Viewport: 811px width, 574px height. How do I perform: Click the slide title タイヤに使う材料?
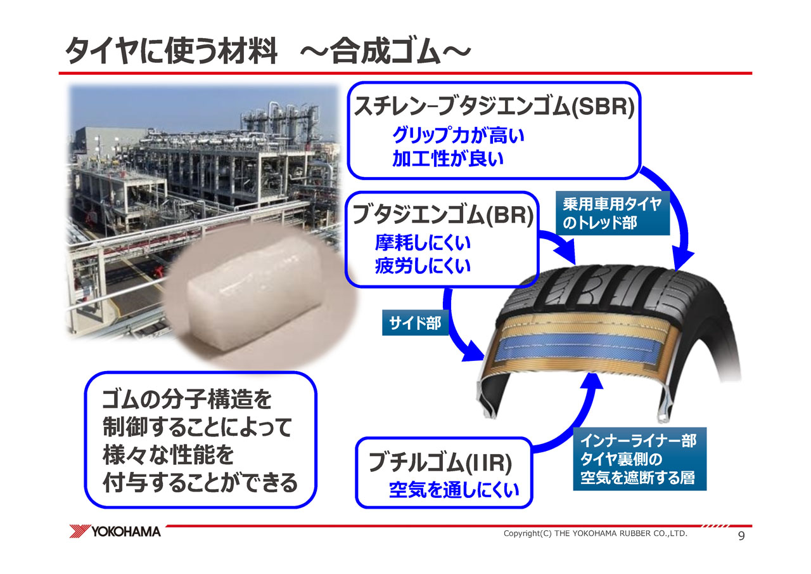pyautogui.click(x=171, y=51)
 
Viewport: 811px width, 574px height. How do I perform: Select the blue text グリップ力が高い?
pyautogui.click(x=458, y=136)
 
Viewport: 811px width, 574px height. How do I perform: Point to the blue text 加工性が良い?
pyautogui.click(x=448, y=159)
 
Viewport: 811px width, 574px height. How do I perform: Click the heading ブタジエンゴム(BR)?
pyautogui.click(x=443, y=215)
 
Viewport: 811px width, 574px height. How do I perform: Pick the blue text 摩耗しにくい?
pyautogui.click(x=423, y=242)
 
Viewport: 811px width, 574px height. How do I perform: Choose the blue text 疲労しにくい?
pyautogui.click(x=423, y=266)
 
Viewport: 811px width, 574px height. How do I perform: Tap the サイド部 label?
pyautogui.click(x=415, y=322)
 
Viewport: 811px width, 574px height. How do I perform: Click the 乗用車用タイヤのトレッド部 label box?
pyautogui.click(x=613, y=213)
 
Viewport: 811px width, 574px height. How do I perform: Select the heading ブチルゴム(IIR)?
pyautogui.click(x=440, y=463)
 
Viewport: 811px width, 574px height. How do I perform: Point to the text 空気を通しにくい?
pyautogui.click(x=454, y=490)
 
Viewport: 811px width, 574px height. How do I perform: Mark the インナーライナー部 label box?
pyautogui.click(x=640, y=459)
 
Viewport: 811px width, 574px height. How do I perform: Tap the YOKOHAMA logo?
pyautogui.click(x=115, y=532)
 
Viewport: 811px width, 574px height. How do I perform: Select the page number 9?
pyautogui.click(x=741, y=536)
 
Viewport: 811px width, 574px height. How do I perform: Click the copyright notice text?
pyautogui.click(x=595, y=533)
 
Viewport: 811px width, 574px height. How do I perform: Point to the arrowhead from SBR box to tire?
pyautogui.click(x=682, y=259)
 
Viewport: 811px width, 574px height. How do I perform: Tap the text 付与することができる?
pyautogui.click(x=200, y=483)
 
